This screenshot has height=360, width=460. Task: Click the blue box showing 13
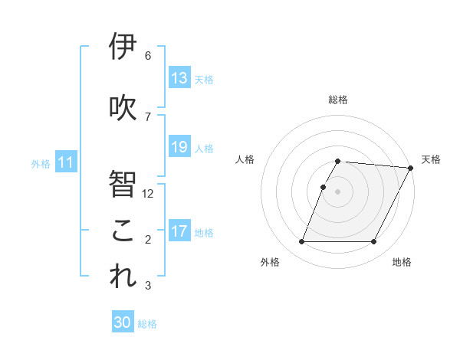pyautogui.click(x=179, y=78)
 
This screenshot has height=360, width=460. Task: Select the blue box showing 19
pyautogui.click(x=179, y=147)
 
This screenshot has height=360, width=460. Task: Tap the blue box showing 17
pyautogui.click(x=179, y=231)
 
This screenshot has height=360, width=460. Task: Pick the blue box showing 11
pyautogui.click(x=65, y=162)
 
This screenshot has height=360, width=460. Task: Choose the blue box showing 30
pyautogui.click(x=123, y=322)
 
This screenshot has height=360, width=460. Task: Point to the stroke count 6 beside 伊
pyautogui.click(x=147, y=56)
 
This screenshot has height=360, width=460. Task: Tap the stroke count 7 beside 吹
pyautogui.click(x=147, y=117)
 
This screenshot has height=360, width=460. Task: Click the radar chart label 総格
pyautogui.click(x=338, y=100)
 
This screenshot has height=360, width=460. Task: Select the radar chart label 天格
pyautogui.click(x=431, y=159)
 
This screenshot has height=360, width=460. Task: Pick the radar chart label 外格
pyautogui.click(x=270, y=262)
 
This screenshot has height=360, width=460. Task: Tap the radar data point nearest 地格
pyautogui.click(x=374, y=242)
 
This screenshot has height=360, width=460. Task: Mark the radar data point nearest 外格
pyautogui.click(x=301, y=242)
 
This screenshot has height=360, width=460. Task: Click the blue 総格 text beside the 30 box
pyautogui.click(x=147, y=324)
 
